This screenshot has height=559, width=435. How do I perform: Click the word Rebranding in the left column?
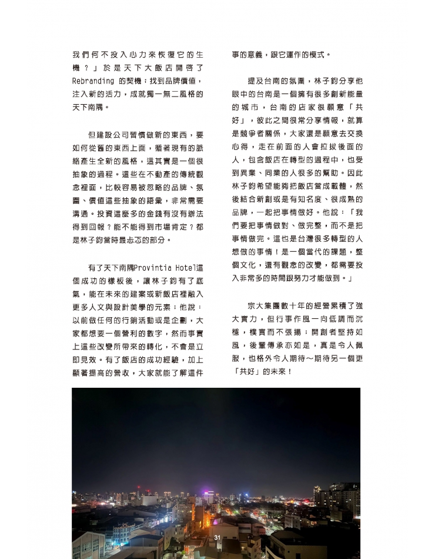click(x=92, y=81)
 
